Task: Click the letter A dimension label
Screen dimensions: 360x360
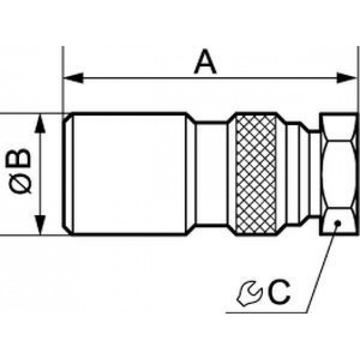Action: [x=205, y=62]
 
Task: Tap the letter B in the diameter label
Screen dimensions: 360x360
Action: [x=18, y=158]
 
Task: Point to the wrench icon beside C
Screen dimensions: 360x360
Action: [x=249, y=293]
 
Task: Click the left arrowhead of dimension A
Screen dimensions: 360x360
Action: [x=73, y=78]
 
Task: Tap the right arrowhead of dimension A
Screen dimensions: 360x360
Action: [x=347, y=78]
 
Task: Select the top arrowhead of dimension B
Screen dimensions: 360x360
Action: [x=40, y=123]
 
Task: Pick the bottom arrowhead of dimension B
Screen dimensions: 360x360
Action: [x=40, y=225]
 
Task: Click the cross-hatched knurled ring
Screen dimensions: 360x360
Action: [x=256, y=174]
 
